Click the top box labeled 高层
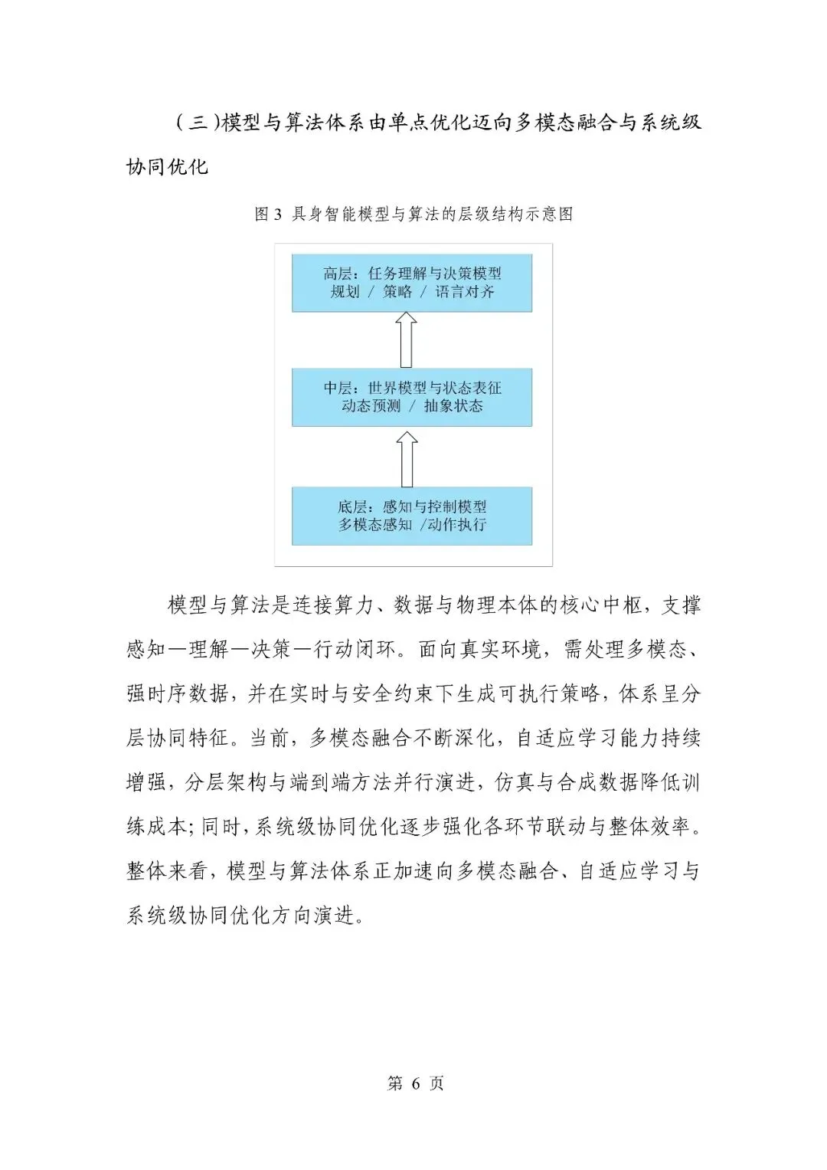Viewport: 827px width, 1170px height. click(411, 283)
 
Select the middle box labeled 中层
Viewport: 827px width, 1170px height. click(411, 397)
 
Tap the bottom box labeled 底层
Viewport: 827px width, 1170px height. click(411, 516)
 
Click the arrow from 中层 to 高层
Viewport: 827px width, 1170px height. click(406, 339)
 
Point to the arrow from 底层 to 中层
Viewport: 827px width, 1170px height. click(407, 458)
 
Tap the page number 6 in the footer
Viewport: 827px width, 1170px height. click(416, 1083)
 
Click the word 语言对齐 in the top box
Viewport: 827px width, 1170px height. click(465, 292)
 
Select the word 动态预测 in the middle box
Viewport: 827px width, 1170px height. click(371, 406)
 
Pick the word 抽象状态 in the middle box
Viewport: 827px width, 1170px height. click(453, 406)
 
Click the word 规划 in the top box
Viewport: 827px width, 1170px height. click(345, 292)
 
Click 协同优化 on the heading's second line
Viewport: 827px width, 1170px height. click(167, 167)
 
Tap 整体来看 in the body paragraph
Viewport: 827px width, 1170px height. click(167, 870)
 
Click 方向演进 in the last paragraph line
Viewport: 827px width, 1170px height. click(313, 915)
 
